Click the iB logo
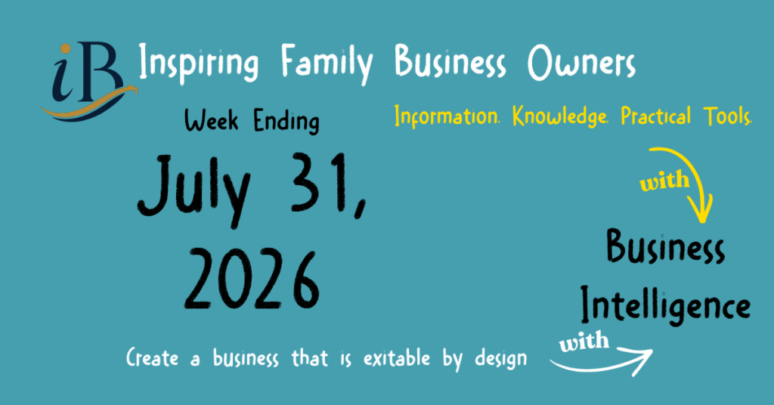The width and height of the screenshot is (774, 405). (88, 82)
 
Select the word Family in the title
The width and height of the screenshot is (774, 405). (327, 63)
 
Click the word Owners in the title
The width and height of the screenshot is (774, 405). (581, 63)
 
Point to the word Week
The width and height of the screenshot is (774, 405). (212, 120)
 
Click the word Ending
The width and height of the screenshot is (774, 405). (286, 122)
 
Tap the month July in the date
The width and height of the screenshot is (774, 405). (194, 189)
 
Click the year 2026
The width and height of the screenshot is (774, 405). (252, 280)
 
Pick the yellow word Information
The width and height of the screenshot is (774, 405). (447, 116)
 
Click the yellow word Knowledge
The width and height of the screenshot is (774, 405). (560, 116)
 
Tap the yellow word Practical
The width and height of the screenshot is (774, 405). (655, 116)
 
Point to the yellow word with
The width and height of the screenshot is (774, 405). (664, 181)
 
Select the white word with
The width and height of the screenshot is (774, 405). (584, 342)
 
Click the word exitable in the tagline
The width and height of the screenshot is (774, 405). (397, 358)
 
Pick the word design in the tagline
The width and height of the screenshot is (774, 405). (501, 360)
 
